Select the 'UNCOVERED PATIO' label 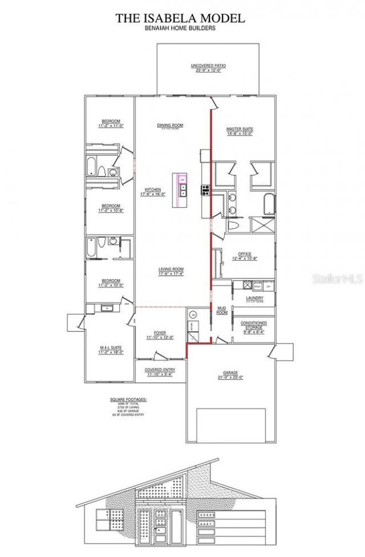(x=208, y=66)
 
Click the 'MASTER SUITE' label (x=239, y=130)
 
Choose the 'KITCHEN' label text (x=152, y=189)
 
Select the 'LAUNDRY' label (x=254, y=298)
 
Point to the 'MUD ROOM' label (x=222, y=310)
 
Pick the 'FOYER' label (x=160, y=332)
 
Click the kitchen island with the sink (x=182, y=189)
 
